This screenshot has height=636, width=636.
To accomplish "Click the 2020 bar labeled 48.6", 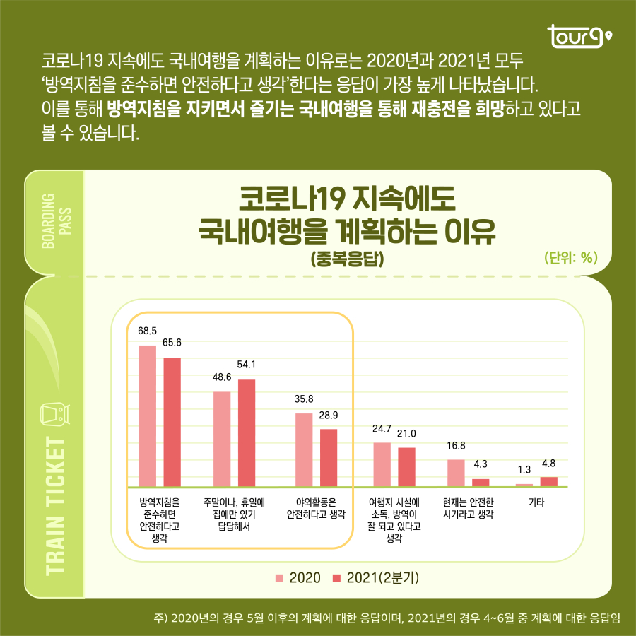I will pyautogui.click(x=222, y=439).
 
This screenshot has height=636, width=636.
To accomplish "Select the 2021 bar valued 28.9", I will pyautogui.click(x=329, y=457).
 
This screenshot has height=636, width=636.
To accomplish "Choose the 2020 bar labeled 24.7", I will pyautogui.click(x=382, y=464).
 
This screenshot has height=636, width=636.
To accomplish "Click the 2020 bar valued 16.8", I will pyautogui.click(x=456, y=473).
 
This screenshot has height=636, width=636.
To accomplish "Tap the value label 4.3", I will pyautogui.click(x=481, y=464).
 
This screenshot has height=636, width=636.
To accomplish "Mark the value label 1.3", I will pyautogui.click(x=524, y=469).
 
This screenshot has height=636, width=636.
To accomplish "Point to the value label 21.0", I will pyautogui.click(x=406, y=433).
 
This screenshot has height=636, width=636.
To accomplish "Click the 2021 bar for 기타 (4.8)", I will pyautogui.click(x=549, y=481).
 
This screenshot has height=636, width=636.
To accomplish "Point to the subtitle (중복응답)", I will pyautogui.click(x=347, y=259).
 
